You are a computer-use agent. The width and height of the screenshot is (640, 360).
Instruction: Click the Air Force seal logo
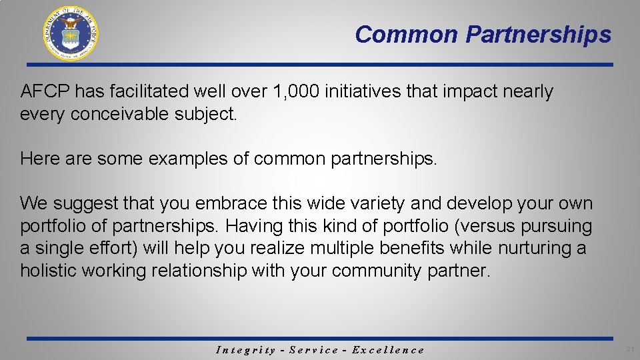[71, 33]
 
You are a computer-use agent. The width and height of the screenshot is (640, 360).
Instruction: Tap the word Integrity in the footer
[246, 350]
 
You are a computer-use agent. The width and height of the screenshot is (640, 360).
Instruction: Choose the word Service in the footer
[313, 350]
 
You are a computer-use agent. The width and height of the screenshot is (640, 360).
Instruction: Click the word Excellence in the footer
[388, 350]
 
